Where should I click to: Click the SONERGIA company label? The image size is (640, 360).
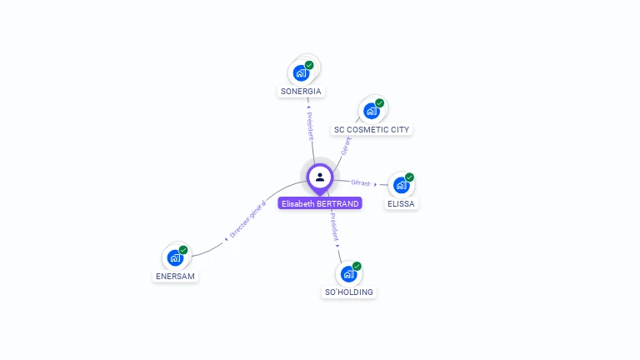[301, 92]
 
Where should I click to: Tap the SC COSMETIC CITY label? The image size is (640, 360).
[372, 130]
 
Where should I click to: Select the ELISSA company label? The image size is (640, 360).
[401, 203]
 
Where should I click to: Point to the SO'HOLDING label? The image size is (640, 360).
[349, 292]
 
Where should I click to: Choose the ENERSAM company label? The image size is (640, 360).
[176, 276]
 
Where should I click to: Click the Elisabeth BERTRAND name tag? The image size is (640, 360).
[320, 203]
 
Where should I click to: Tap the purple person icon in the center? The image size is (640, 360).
[320, 177]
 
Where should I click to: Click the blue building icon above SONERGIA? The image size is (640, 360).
[301, 72]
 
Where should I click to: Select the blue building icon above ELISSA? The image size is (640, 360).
[401, 185]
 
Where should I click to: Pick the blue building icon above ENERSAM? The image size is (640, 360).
[175, 257]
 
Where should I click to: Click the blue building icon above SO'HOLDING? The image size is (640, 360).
[348, 273]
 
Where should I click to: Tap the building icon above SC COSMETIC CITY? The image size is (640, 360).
[371, 111]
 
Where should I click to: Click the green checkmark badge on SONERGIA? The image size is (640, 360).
[309, 65]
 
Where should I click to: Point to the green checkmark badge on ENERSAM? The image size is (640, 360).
[183, 250]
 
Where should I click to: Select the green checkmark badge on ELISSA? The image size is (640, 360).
[409, 177]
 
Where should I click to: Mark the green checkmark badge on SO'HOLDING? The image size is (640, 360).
[357, 266]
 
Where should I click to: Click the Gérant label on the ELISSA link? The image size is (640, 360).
[360, 182]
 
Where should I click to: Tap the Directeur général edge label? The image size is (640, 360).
[247, 221]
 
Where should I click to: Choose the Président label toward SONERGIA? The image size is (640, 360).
[310, 123]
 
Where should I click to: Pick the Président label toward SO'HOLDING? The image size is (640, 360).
[333, 227]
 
